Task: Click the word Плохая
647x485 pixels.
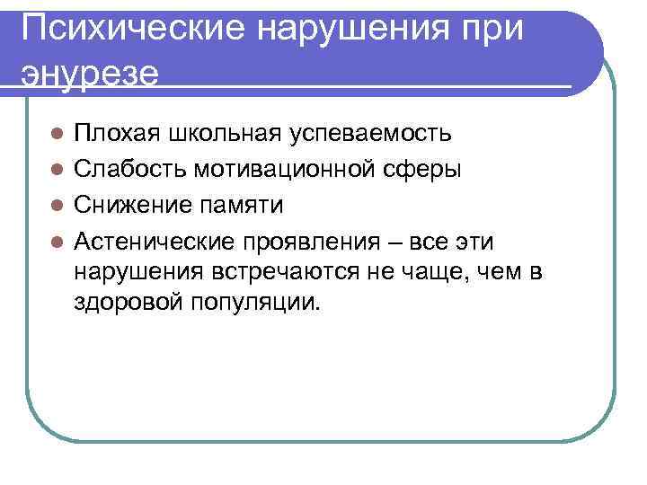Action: pyautogui.click(x=112, y=134)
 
